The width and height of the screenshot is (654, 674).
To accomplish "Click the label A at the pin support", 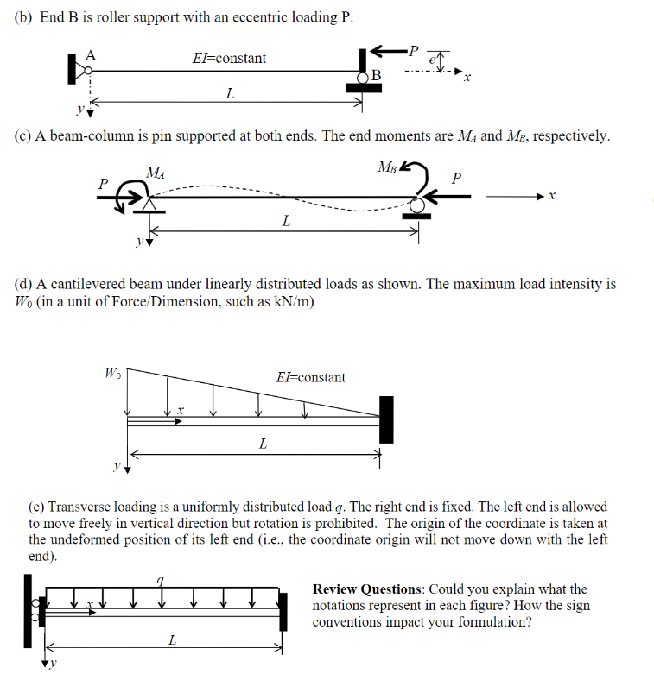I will (89, 54).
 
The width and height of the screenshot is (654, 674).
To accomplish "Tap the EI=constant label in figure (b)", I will (229, 58).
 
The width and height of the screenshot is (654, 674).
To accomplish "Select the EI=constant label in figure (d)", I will (310, 377).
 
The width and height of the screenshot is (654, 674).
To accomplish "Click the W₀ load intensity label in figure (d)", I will (113, 374).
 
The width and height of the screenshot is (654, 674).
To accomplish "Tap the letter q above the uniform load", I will (159, 581).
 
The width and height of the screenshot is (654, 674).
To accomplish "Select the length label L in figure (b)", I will (229, 93).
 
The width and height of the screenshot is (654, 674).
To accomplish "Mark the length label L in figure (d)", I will (263, 444).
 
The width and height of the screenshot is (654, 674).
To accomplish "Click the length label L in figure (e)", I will (172, 639).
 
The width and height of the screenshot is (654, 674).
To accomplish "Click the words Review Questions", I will (367, 589).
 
